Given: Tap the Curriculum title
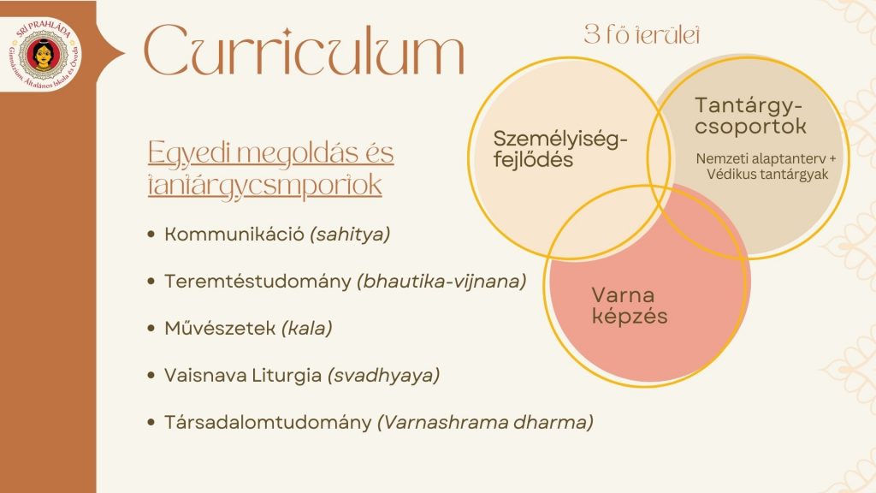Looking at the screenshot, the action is click(x=304, y=50).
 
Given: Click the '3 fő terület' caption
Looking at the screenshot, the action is click(x=642, y=34).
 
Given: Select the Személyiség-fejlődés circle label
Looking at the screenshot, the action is click(x=559, y=149).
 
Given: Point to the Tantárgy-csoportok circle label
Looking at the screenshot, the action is click(x=750, y=116).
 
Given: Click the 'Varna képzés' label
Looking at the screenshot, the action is click(x=629, y=306).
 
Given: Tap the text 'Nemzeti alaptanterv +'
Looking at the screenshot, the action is click(x=766, y=158).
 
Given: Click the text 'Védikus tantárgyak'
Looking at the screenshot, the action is click(x=767, y=175).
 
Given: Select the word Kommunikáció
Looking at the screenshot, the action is click(x=234, y=235).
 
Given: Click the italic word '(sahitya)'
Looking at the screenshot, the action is click(x=350, y=235).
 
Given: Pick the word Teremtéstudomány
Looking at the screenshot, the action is click(x=257, y=281).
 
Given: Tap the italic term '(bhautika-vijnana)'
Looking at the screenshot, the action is click(x=441, y=281).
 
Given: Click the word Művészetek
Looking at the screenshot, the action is click(x=220, y=328).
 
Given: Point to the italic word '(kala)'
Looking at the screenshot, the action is click(x=307, y=328).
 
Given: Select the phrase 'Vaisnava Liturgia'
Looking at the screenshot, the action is click(x=243, y=375).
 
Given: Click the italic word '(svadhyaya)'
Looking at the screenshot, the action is click(x=384, y=376).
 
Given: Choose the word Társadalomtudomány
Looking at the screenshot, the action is click(x=268, y=423).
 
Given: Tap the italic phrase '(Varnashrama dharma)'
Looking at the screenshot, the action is click(x=486, y=423).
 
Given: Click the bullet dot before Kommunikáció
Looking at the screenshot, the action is click(x=151, y=235).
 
